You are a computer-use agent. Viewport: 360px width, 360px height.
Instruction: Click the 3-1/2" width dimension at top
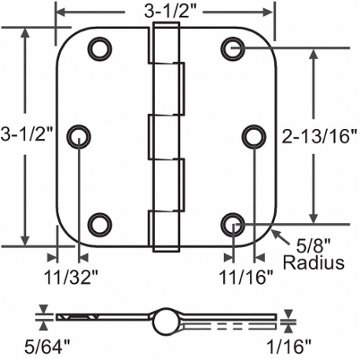[x=169, y=11]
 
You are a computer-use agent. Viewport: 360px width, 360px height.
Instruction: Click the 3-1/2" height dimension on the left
[x=28, y=134]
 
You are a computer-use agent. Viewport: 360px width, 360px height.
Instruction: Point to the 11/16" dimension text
[x=246, y=276]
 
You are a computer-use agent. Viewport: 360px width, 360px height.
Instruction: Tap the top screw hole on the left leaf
[x=99, y=49]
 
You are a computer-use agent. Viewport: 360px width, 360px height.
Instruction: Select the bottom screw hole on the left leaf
[x=99, y=225]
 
